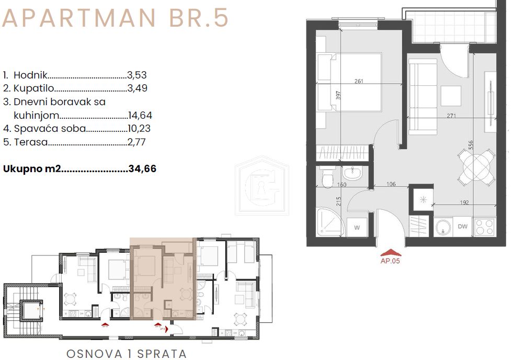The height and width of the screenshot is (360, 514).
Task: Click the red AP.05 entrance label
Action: pyautogui.click(x=390, y=262)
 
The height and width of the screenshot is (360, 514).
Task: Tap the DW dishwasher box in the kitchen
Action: pyautogui.click(x=463, y=227)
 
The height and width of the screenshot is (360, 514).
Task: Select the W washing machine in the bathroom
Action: pyautogui.click(x=357, y=227)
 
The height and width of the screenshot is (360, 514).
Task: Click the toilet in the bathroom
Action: pyautogui.click(x=327, y=178)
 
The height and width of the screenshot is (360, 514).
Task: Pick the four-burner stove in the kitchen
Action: pyautogui.click(x=485, y=226)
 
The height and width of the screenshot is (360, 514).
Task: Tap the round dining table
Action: pyautogui.click(x=476, y=167)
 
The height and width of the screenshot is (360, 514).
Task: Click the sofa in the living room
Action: pyautogui.click(x=422, y=94)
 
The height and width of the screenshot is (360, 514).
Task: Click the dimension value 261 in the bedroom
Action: pyautogui.click(x=359, y=81)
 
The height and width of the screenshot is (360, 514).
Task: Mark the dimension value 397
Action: pyautogui.click(x=339, y=96)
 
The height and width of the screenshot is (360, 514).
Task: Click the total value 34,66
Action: pyautogui.click(x=142, y=169)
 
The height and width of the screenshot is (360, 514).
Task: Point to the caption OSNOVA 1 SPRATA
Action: pyautogui.click(x=126, y=354)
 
